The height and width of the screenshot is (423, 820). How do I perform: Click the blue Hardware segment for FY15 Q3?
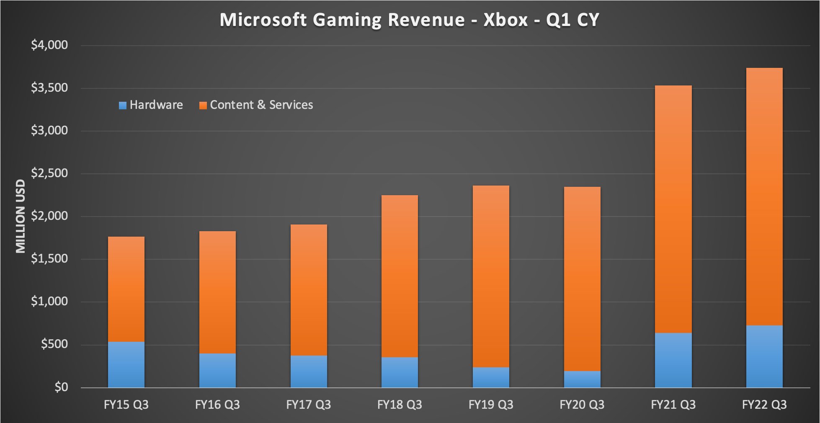pos(126,364)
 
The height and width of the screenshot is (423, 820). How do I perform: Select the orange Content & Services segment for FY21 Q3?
pos(673,209)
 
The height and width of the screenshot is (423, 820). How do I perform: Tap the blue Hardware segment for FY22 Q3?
pos(764,356)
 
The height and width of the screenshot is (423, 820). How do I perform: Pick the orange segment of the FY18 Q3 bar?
pos(400,276)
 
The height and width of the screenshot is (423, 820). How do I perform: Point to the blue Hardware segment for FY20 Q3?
pos(582,379)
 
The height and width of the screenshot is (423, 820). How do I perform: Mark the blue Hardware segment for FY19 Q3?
pos(491,377)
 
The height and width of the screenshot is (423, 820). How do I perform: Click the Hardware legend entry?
pos(151,105)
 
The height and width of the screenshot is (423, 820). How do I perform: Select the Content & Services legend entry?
pos(256,105)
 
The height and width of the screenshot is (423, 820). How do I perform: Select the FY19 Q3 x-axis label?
pos(491,405)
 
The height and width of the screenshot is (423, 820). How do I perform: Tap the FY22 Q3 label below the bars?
pos(764,405)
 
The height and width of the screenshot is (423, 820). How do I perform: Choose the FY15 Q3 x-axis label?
pos(126,405)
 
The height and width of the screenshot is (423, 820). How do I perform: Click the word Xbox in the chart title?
pos(505,20)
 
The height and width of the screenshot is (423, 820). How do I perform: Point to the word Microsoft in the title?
pos(263,20)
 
